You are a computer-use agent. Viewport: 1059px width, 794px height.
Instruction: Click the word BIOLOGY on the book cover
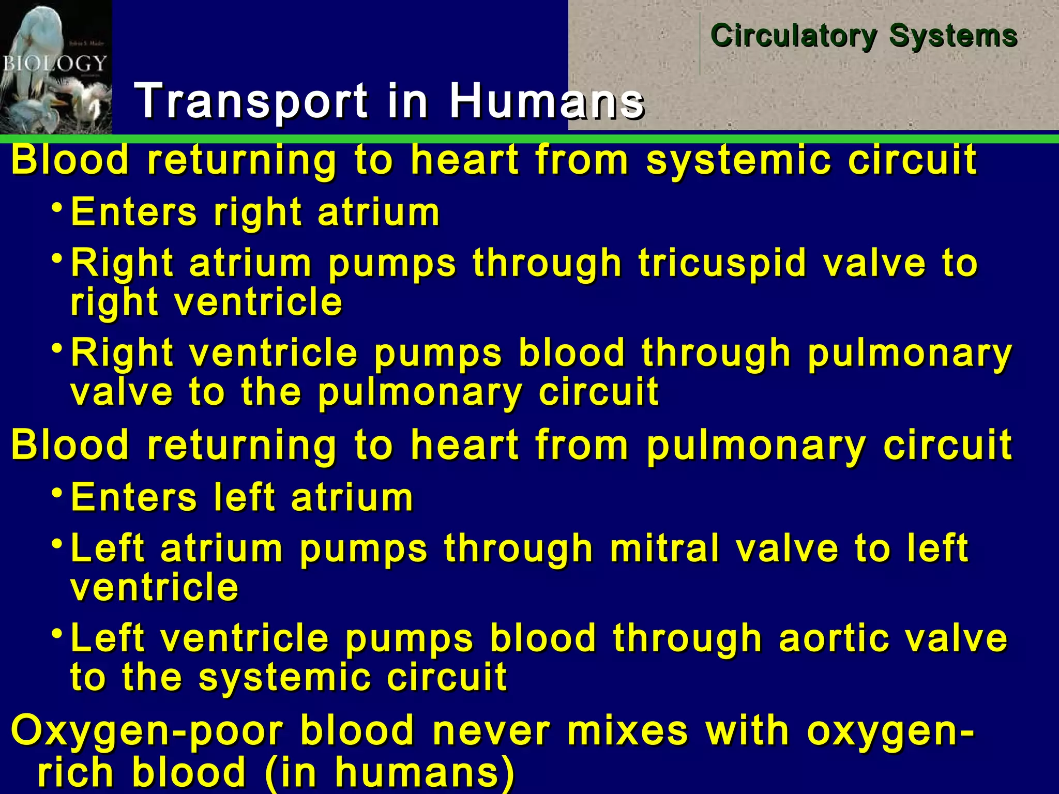pos(54,64)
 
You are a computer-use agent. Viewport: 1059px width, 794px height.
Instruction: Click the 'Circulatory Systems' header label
pos(864,36)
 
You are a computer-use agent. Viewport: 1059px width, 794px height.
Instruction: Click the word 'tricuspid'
pos(722,263)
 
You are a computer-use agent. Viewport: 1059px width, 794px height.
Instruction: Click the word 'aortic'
pos(835,638)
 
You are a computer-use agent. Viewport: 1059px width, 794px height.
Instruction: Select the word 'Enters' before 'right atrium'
pos(134,212)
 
